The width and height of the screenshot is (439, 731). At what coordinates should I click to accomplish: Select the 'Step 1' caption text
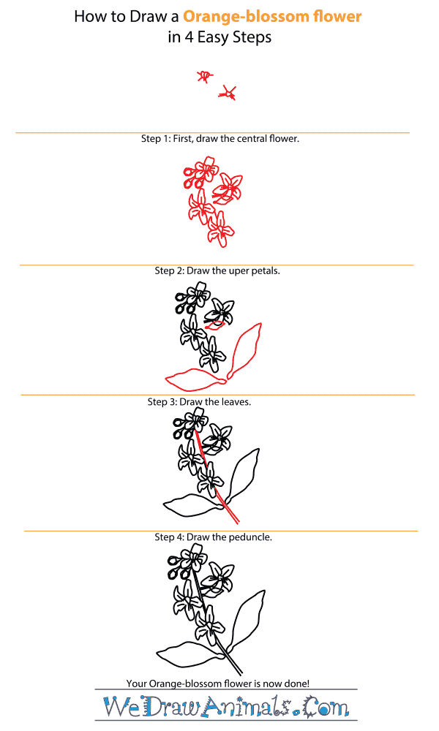click(x=219, y=138)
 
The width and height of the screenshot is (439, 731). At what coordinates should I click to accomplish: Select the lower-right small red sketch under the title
click(x=229, y=92)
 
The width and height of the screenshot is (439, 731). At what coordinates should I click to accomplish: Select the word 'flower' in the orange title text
click(x=337, y=16)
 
